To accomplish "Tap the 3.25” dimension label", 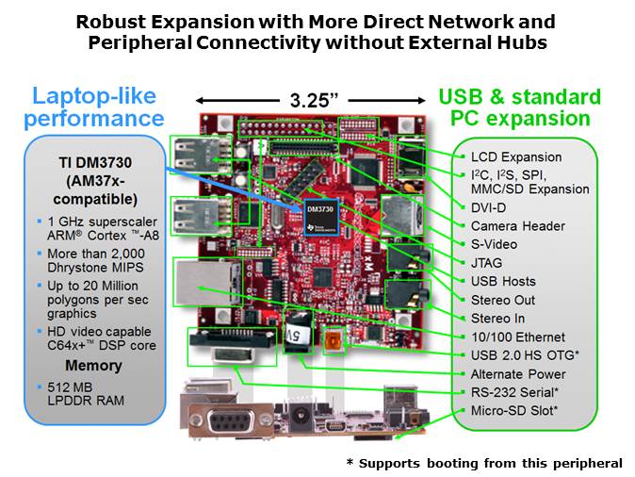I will (315, 98).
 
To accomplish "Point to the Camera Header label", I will (517, 226).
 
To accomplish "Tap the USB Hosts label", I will (502, 281).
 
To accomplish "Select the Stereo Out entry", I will (503, 300).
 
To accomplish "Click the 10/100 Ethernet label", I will (517, 337).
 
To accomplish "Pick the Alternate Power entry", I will (518, 373).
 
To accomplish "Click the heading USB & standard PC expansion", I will (519, 107).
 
